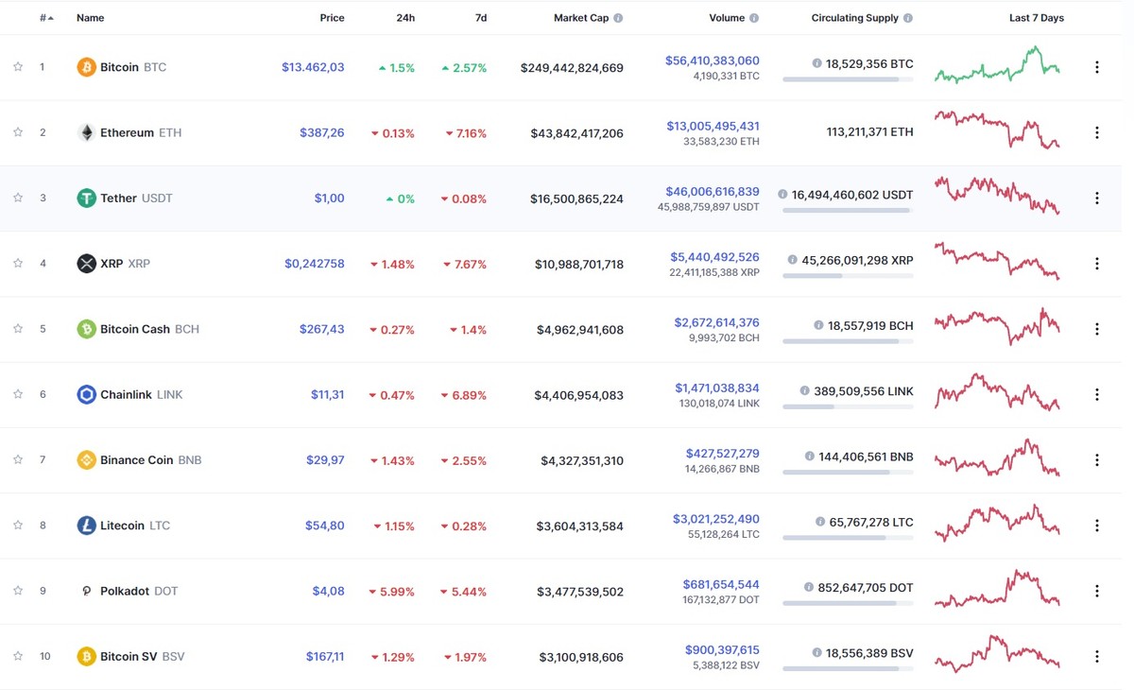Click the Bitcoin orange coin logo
click(86, 67)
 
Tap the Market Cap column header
click(581, 18)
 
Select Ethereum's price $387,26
click(321, 133)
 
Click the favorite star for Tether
click(17, 198)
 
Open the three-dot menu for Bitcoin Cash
click(1097, 329)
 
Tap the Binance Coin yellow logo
click(86, 460)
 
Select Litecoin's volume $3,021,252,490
click(716, 519)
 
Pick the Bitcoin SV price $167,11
click(325, 657)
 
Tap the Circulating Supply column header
click(854, 18)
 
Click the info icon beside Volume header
click(754, 18)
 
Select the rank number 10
click(43, 657)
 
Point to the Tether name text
click(118, 198)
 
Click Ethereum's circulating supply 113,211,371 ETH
click(869, 133)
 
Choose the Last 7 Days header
click(1036, 18)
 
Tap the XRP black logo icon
click(86, 264)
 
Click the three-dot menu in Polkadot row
click(1097, 591)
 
